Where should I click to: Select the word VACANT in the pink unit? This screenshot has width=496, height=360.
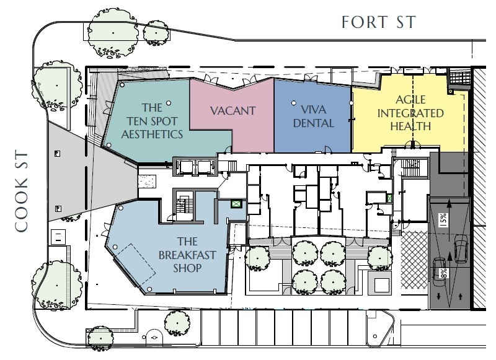pyautogui.click(x=232, y=111)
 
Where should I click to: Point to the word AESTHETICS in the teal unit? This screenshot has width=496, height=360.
pyautogui.click(x=152, y=134)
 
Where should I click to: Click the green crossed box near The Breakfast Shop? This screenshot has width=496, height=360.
pyautogui.click(x=237, y=201)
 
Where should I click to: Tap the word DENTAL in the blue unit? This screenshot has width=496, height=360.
pyautogui.click(x=314, y=123)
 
